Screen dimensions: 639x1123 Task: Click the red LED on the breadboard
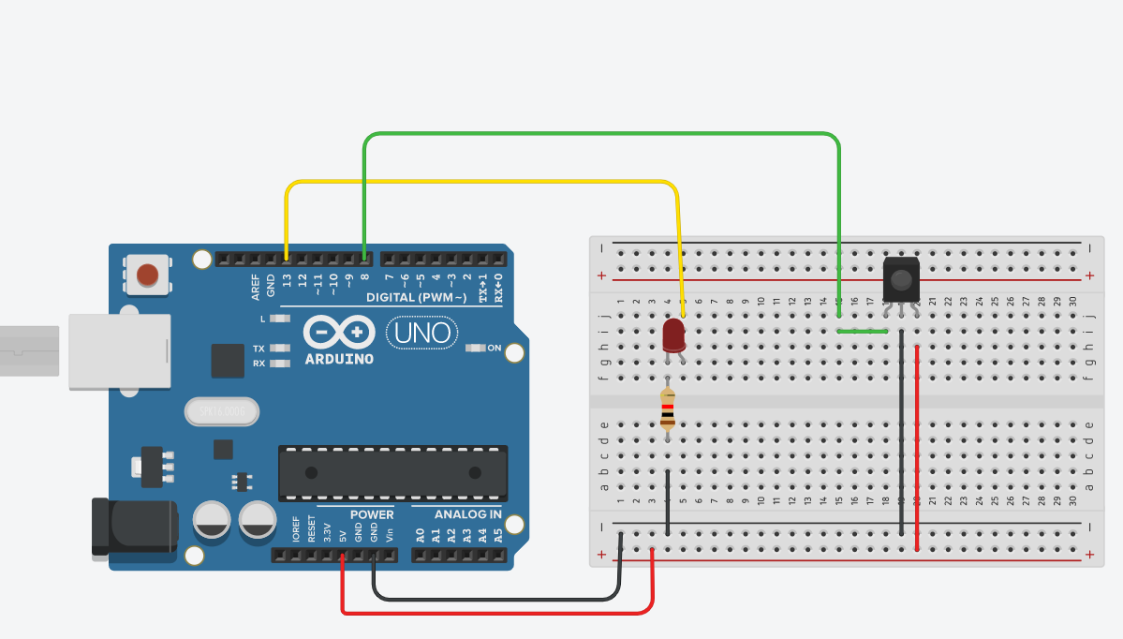click(x=673, y=335)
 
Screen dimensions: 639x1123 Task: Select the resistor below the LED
click(x=667, y=409)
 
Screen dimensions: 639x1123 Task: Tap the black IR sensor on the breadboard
click(x=901, y=279)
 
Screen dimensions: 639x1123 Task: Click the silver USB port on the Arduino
click(x=119, y=351)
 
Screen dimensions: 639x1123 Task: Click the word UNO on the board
click(x=421, y=333)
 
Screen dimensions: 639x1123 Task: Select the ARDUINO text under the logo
click(x=339, y=359)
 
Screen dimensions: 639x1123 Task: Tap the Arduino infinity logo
click(x=339, y=333)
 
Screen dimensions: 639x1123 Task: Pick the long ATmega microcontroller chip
click(x=392, y=472)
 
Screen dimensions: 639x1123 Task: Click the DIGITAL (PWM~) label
click(x=416, y=297)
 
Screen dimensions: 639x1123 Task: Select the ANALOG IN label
click(x=467, y=514)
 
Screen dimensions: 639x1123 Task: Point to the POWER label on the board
click(x=372, y=514)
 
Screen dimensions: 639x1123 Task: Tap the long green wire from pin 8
click(x=599, y=135)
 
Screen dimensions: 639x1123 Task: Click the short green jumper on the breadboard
click(x=862, y=331)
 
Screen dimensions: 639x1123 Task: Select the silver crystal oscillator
click(x=221, y=411)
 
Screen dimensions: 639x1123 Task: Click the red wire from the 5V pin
click(x=496, y=614)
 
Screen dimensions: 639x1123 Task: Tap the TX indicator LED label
click(x=259, y=349)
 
